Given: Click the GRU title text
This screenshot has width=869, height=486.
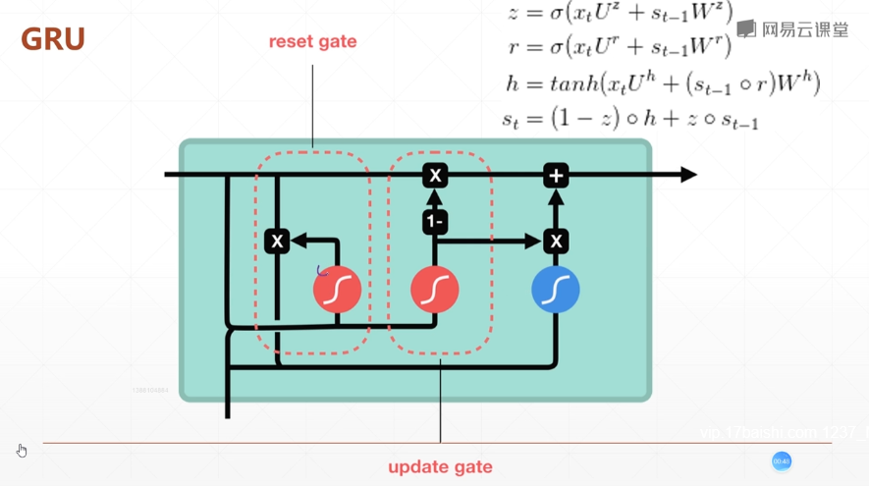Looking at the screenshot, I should pos(53,39).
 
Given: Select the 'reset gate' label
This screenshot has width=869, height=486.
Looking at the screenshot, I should pos(312,42).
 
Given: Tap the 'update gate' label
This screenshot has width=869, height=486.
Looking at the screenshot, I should pos(440,466).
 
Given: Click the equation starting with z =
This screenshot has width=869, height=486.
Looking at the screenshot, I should pos(620,13).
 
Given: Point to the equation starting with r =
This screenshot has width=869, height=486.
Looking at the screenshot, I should pos(621,46).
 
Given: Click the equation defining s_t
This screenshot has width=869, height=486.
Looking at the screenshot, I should pos(629,120).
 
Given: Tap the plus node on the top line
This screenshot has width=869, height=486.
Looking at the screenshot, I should pos(556,176).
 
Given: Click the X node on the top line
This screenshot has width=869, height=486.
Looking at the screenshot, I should pos(435,176).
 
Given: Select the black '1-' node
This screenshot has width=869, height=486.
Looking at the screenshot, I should pos(435,222).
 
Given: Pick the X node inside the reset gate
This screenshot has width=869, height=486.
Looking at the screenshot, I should pos(277,241).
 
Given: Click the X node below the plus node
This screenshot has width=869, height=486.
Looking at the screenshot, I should pos(556,241).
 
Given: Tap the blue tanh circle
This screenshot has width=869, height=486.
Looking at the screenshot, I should pos(556,290).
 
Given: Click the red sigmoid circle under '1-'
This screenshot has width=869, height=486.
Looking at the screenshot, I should pos(435,290).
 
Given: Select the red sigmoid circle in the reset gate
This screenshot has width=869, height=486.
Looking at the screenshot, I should pos(337,290).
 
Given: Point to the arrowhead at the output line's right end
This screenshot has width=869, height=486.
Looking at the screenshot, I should pos(688,175).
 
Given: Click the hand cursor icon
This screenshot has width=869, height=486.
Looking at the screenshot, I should pos(22,451).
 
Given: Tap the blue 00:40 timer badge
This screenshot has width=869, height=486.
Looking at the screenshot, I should pos(782,461).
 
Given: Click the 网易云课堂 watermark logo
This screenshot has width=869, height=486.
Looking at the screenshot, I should pos(792,29).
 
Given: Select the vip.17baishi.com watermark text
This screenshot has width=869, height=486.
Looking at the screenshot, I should pos(781,432).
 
